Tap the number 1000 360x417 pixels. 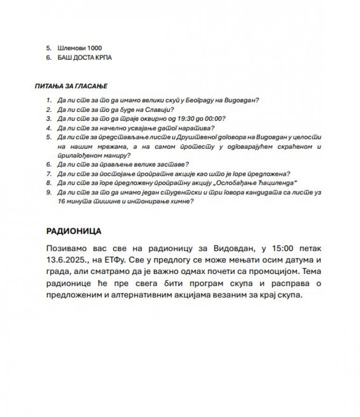click(94, 48)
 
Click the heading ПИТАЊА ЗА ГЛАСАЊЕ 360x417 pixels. click(71, 86)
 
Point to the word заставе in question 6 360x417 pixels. click(173, 164)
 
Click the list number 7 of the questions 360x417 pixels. click(48, 173)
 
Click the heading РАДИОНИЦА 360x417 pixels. click(74, 231)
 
